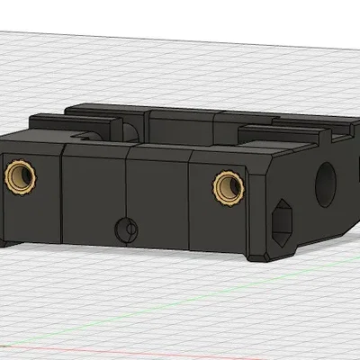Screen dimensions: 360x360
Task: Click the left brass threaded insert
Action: pyautogui.click(x=20, y=170)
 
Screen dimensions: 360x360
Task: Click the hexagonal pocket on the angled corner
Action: pyautogui.click(x=282, y=222)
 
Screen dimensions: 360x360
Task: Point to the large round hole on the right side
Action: pyautogui.click(x=325, y=178)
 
